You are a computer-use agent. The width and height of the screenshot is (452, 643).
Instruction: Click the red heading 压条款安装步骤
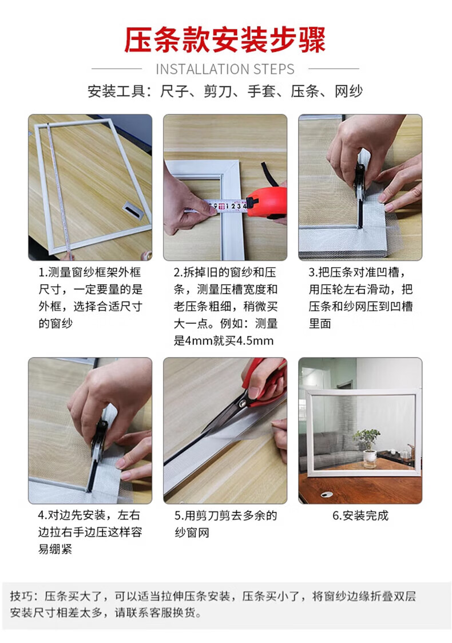click(225, 40)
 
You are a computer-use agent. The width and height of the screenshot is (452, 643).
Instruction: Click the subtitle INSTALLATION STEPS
click(225, 69)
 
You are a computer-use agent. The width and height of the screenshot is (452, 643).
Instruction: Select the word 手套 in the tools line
click(261, 91)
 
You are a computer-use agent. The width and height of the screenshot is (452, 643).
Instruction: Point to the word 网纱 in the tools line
click(348, 91)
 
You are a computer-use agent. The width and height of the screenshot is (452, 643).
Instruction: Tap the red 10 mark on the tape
click(221, 207)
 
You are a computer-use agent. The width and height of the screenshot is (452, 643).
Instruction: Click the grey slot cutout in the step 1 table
click(133, 209)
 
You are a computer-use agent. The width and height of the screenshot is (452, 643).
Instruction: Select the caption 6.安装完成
click(360, 515)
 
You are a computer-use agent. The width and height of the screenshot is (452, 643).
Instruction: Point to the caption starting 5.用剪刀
click(225, 523)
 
